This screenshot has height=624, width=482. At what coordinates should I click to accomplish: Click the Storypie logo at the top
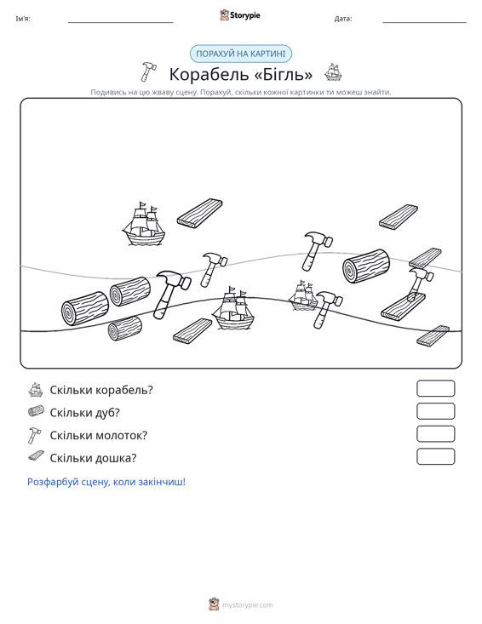(240, 15)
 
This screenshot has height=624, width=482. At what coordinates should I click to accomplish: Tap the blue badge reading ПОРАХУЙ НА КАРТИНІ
(241, 54)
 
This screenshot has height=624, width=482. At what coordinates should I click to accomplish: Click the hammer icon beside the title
(148, 72)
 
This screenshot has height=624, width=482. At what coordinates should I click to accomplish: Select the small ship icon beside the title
(333, 72)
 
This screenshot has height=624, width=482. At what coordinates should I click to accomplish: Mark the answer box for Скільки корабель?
(435, 388)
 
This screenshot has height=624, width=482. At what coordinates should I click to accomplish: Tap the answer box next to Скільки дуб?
(435, 411)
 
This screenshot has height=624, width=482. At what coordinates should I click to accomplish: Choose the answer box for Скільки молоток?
(435, 434)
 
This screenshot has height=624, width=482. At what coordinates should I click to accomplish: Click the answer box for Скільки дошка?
(435, 456)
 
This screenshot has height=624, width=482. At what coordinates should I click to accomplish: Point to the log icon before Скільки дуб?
(36, 411)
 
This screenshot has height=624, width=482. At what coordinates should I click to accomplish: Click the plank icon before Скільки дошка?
(37, 456)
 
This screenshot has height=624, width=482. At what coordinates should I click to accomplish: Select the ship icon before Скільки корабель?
(36, 390)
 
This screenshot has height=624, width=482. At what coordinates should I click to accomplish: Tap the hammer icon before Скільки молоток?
(34, 435)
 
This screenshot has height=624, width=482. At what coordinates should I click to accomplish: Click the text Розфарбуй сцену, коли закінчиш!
(106, 482)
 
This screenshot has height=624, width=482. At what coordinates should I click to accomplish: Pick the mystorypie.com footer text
(247, 605)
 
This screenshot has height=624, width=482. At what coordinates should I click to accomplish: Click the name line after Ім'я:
(121, 23)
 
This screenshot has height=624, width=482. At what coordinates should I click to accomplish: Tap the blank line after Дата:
(424, 23)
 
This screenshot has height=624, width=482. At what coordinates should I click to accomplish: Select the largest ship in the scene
(232, 307)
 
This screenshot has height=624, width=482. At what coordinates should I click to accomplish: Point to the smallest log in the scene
(125, 329)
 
